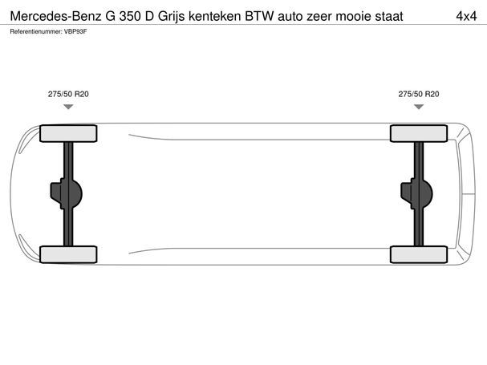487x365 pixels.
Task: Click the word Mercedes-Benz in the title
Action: [x=56, y=16]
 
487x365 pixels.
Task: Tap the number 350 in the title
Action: [x=130, y=16]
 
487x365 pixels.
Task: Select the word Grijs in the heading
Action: [x=171, y=17]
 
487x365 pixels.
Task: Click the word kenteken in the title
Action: [x=214, y=16]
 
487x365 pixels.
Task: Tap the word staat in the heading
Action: [x=389, y=16]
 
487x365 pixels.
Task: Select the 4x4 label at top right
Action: [x=466, y=16]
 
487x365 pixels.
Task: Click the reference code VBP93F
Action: [x=75, y=31]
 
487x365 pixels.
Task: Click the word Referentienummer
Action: [x=36, y=31]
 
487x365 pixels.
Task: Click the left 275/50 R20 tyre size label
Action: [x=68, y=94]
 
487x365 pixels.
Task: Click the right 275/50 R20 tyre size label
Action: [x=419, y=94]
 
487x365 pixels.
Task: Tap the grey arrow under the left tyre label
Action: [x=68, y=107]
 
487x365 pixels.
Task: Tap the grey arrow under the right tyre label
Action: [x=419, y=107]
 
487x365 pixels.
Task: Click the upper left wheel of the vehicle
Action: [x=68, y=133]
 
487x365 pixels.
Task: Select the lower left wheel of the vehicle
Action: [x=68, y=254]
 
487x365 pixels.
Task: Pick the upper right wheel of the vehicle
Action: [x=419, y=133]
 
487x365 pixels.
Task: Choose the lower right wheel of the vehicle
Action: [x=419, y=254]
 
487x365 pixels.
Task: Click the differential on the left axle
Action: [x=66, y=193]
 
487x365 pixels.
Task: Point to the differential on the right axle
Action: [x=416, y=193]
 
